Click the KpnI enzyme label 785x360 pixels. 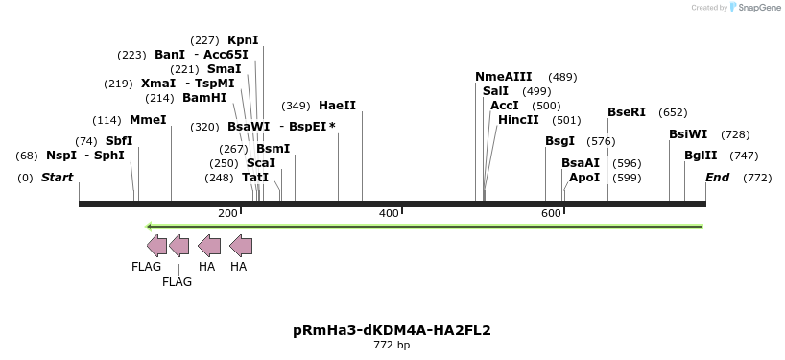[243, 40]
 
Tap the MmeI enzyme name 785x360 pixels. [148, 120]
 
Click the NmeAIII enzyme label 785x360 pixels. [503, 77]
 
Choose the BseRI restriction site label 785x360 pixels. [626, 112]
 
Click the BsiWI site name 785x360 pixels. [688, 134]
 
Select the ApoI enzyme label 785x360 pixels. [584, 178]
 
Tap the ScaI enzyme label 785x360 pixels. [261, 163]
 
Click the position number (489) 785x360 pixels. [562, 77]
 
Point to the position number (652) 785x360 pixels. [673, 112]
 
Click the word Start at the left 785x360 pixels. [57, 178]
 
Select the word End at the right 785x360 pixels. [717, 178]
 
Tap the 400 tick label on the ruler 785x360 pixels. [390, 213]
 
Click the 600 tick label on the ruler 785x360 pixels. [551, 213]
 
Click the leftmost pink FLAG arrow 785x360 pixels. [156, 246]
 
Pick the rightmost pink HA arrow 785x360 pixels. [241, 246]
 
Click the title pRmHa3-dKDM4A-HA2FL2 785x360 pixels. [392, 330]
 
